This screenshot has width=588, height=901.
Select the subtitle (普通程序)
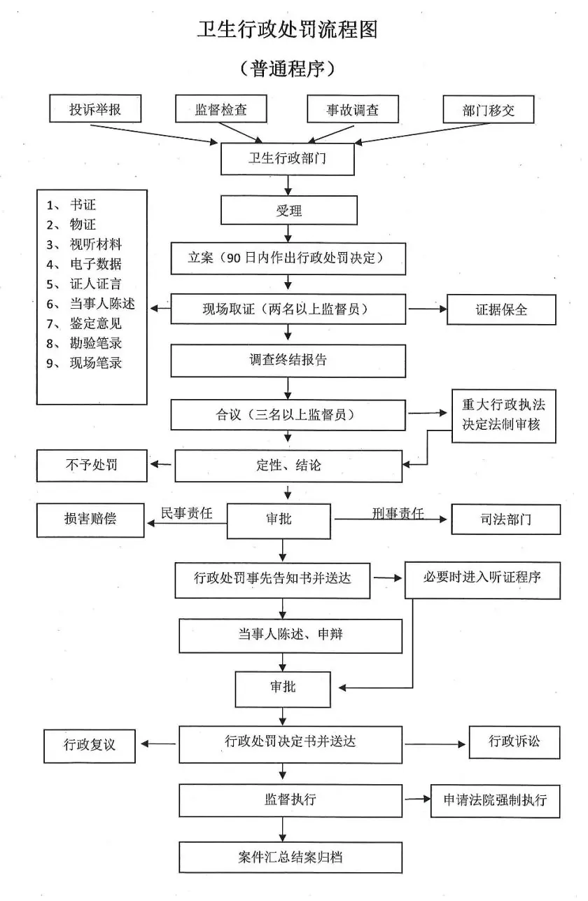point(288,69)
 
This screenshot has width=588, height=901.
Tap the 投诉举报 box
point(95,109)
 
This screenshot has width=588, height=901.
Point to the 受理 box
point(288,210)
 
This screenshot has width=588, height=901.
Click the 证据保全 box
point(501,309)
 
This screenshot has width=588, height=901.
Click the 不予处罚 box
point(91,466)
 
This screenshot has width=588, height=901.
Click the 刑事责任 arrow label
point(398,513)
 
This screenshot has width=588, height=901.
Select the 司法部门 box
point(505,519)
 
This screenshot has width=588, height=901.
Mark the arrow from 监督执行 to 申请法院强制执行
point(416,799)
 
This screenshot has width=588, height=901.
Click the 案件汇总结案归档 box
point(290,857)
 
